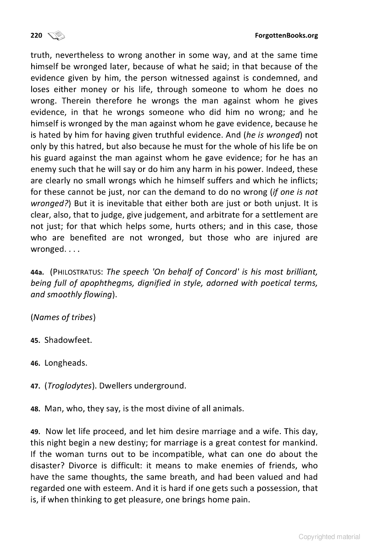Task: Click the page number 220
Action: [x=36, y=35]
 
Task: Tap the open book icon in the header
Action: [x=56, y=35]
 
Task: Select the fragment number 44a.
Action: [x=37, y=272]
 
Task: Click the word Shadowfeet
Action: [x=68, y=341]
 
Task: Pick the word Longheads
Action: [x=66, y=363]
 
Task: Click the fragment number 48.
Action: [x=35, y=408]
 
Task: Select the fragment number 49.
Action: [x=35, y=431]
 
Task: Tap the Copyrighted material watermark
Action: [x=329, y=537]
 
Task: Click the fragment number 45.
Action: [x=35, y=341]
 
